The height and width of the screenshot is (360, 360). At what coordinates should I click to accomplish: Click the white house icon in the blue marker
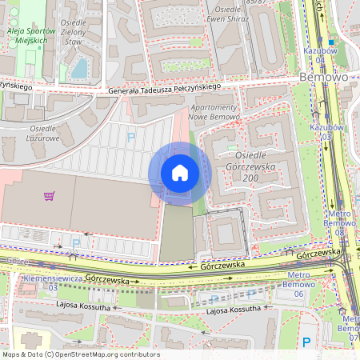[x=179, y=173]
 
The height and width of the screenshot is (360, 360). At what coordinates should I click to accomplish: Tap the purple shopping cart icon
[x=50, y=195]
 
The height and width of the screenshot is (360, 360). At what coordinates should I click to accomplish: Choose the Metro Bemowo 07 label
[x=349, y=328]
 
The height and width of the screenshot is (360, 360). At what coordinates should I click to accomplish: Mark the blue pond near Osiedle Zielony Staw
[x=80, y=68]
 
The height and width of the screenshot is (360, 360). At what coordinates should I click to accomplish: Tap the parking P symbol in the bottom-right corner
[x=307, y=342]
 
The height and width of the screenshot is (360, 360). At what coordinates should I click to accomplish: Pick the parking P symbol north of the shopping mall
[x=130, y=137]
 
